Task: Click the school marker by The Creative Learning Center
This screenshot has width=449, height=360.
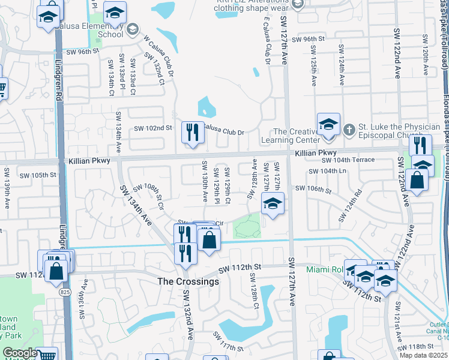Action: [x=328, y=124]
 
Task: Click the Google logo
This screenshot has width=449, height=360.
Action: [x=20, y=353]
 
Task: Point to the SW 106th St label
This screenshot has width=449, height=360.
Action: [x=312, y=190]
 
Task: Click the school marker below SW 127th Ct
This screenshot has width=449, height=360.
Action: [x=273, y=205]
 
